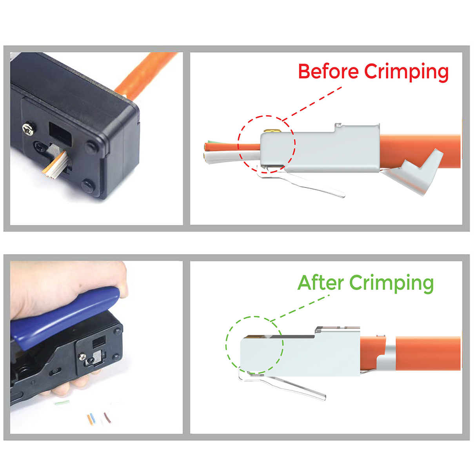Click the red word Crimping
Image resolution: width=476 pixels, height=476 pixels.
pos(406,73)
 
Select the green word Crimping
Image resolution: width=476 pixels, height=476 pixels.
pos(392,284)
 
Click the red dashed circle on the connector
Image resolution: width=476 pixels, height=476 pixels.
pos(295,143)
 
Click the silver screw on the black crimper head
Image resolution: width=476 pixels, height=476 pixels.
pos(28,129)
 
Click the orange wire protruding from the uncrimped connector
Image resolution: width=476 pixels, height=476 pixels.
pos(232,147)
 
